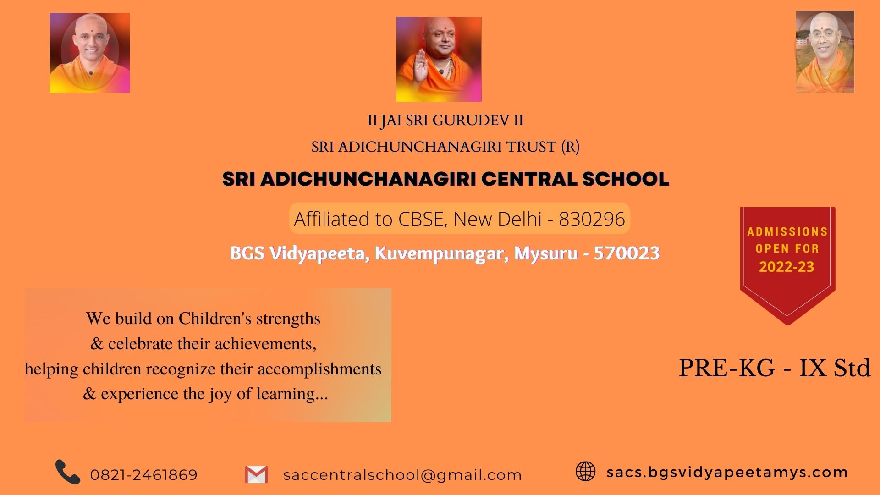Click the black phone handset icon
pyautogui.click(x=68, y=472)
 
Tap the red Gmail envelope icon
pyautogui.click(x=256, y=474)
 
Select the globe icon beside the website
pyautogui.click(x=585, y=471)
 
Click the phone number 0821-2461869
pyautogui.click(x=144, y=475)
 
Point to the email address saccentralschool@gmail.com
pyautogui.click(x=402, y=475)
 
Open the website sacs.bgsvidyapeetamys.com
pyautogui.click(x=727, y=473)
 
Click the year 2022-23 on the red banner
pyautogui.click(x=786, y=267)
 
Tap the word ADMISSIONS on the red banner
pyautogui.click(x=787, y=231)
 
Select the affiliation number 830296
pyautogui.click(x=592, y=219)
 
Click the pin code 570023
pyautogui.click(x=627, y=253)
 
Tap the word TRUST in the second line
pyautogui.click(x=531, y=147)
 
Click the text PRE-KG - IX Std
pyautogui.click(x=775, y=368)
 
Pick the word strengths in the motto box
pyautogui.click(x=288, y=319)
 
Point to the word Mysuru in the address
pyautogui.click(x=546, y=253)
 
